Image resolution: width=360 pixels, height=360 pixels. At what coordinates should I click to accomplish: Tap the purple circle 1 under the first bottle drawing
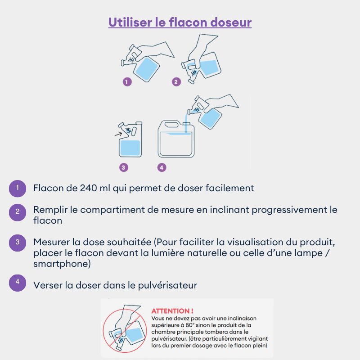click(x=127, y=82)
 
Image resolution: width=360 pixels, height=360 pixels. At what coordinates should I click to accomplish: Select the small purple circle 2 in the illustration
click(x=176, y=82)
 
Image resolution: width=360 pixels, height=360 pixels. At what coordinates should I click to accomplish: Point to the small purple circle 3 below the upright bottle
click(x=123, y=167)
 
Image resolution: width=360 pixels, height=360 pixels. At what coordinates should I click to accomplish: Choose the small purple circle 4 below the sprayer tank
click(x=162, y=167)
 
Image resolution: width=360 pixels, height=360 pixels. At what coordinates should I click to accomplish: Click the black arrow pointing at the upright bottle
click(x=118, y=134)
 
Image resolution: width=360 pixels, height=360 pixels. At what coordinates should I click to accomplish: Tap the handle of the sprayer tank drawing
click(x=171, y=125)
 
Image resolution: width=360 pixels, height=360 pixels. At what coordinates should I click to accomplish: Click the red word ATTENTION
click(x=171, y=311)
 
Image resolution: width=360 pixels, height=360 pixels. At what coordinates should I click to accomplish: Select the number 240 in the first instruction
click(x=88, y=188)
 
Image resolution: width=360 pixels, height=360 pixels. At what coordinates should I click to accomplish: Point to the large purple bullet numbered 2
click(x=18, y=212)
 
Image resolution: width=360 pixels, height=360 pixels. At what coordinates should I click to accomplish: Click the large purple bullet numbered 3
click(x=18, y=243)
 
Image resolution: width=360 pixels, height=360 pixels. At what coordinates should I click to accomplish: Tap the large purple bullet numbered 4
click(x=18, y=283)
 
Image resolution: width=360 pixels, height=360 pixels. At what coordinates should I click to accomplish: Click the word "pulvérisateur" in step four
click(x=167, y=285)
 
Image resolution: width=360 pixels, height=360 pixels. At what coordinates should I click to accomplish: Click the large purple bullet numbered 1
click(x=18, y=189)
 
